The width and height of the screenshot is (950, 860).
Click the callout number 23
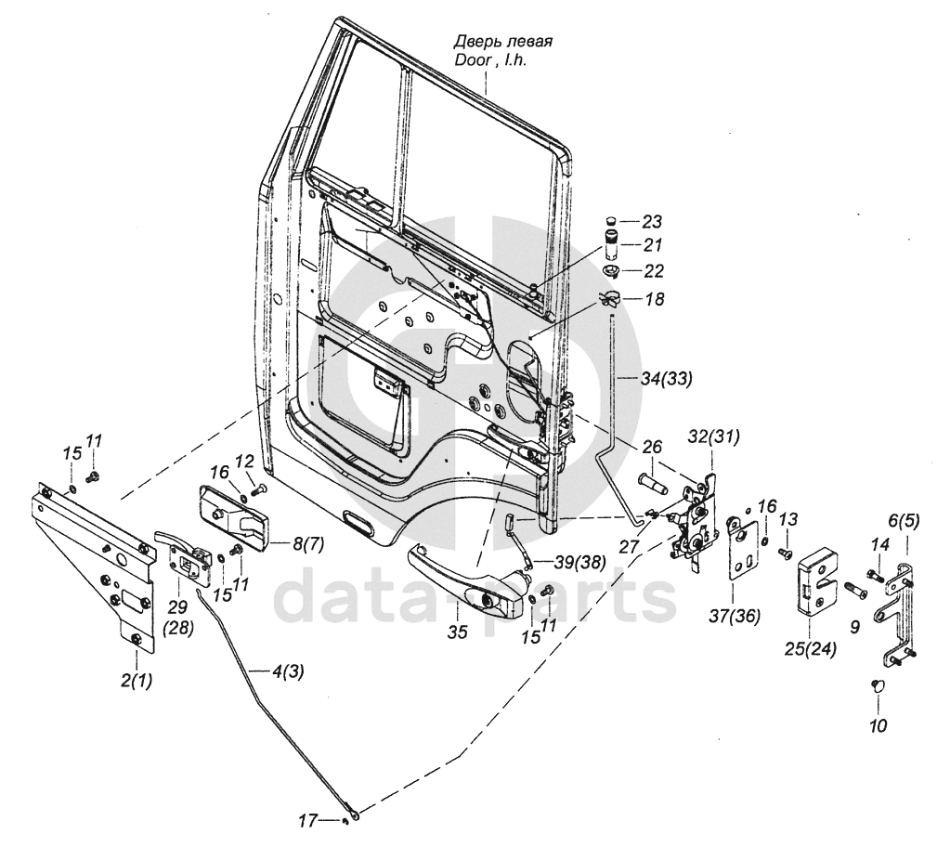652,222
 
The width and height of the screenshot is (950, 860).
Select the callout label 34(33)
665,380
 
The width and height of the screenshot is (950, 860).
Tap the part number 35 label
458,632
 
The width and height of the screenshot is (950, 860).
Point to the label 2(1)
137,681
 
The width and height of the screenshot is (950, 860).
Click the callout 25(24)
811,650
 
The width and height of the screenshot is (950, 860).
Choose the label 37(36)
734,616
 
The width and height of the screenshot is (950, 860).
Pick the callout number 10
878,724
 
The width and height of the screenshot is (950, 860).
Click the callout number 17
307,821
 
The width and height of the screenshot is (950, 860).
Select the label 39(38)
579,563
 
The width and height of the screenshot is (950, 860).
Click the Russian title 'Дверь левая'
503,42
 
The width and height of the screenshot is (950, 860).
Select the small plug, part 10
876,684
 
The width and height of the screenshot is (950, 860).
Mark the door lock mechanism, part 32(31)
693,519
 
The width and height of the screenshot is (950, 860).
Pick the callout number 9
854,627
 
